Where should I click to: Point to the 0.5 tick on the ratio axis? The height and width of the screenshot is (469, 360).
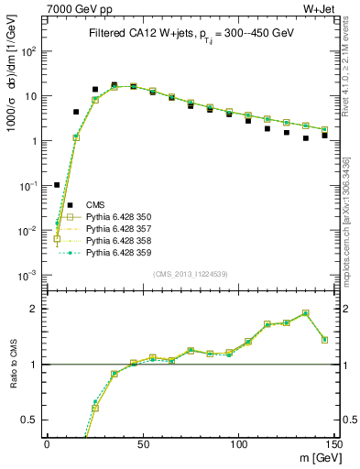(x=33, y=420)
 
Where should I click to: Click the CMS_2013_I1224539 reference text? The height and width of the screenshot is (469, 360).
(x=191, y=273)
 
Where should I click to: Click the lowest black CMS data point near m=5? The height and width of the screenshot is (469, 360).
(x=57, y=185)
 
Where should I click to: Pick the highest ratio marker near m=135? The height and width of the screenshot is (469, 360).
(x=306, y=313)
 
